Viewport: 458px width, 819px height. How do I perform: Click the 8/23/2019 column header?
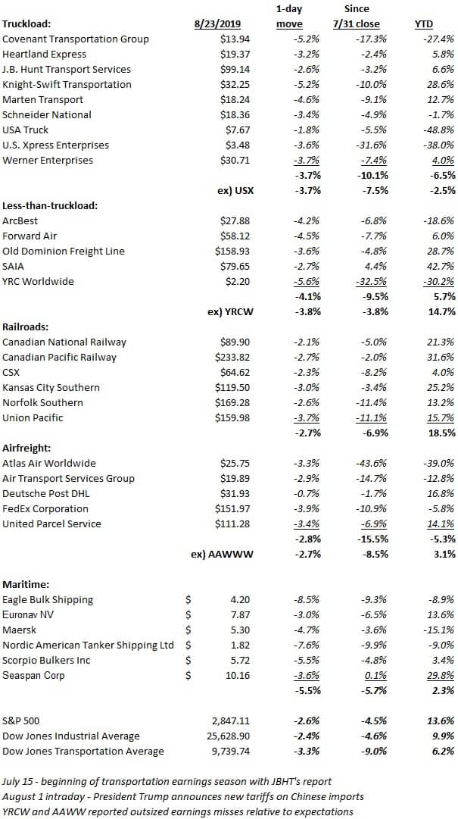(x=220, y=24)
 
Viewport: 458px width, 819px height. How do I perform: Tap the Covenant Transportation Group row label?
(x=76, y=39)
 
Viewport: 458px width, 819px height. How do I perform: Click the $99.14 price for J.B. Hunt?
(x=234, y=70)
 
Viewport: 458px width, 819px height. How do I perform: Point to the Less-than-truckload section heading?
(x=51, y=205)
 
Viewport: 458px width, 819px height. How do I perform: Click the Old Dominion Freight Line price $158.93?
(x=232, y=252)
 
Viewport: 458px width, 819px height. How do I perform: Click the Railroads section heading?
(x=24, y=327)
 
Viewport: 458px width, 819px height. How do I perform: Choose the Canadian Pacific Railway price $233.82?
(x=232, y=358)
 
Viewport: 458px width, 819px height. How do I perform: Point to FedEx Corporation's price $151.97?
(x=232, y=508)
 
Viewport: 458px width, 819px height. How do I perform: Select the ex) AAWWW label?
(x=223, y=554)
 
